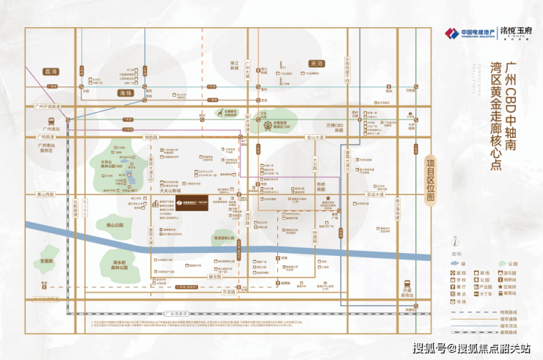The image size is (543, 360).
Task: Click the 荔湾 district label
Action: [51, 72]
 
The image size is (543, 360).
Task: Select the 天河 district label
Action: [317, 63]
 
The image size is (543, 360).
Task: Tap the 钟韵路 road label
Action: [152, 137]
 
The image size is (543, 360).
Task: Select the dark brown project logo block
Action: [192, 206]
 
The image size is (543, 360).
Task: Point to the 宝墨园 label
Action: [47, 260]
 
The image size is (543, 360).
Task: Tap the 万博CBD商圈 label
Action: [335, 127]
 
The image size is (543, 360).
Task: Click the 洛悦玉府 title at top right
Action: [498, 32]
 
